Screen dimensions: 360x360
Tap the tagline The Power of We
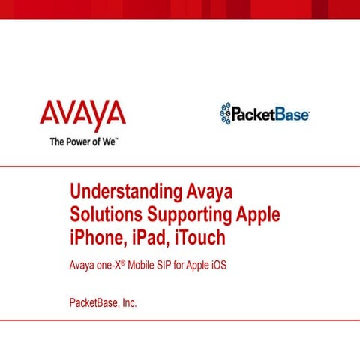pos(84,141)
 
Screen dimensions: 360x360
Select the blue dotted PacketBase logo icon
pos(224,113)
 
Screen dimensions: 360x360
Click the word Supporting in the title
pos(187,215)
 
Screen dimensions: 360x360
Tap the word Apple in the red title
pos(257,214)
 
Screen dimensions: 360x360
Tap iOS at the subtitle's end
pos(217,265)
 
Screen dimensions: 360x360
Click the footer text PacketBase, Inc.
pos(103,303)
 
